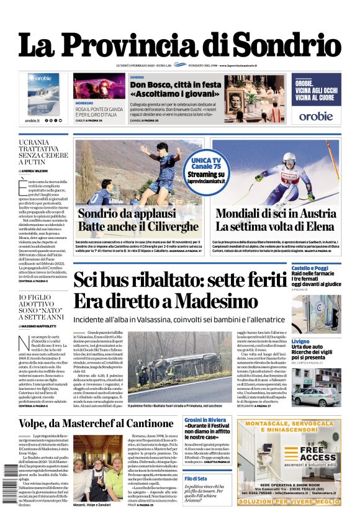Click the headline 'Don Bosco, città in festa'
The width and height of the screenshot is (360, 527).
tap(176, 84)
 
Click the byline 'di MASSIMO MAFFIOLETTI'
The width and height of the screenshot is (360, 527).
tap(42, 325)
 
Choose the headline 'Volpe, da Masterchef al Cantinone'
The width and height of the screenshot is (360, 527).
tap(99, 423)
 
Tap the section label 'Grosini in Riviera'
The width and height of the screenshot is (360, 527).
tap(205, 420)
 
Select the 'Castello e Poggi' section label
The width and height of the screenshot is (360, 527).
tap(310, 268)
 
